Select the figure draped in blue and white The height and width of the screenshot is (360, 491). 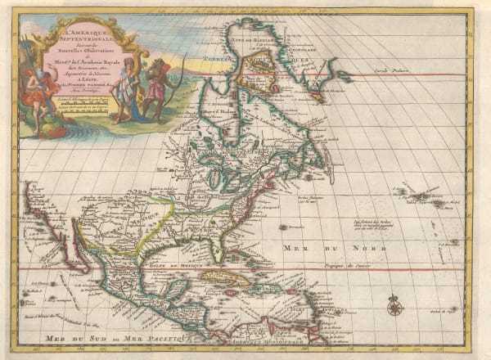click(x=124, y=90)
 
